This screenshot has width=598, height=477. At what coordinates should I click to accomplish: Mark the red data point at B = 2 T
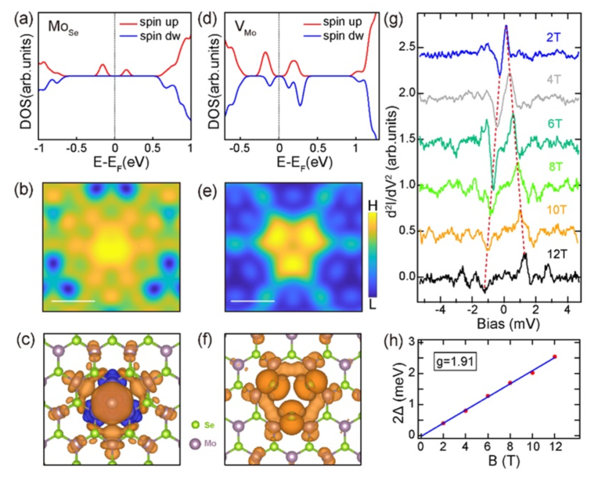coord(443,423)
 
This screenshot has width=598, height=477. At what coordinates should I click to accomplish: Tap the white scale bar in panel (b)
coord(74,301)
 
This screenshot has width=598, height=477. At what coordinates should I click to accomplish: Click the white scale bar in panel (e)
coord(252,301)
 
